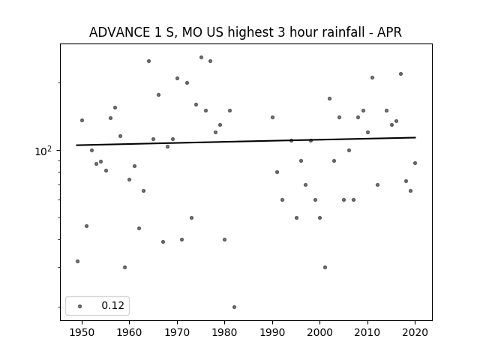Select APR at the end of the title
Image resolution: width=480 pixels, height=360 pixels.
coord(389,32)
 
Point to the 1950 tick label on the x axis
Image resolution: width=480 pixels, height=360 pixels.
coord(82,332)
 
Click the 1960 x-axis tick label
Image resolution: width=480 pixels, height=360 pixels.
coord(129,332)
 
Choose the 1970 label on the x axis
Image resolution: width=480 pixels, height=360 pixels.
coord(177,332)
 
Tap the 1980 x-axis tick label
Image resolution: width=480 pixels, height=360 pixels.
coord(224,332)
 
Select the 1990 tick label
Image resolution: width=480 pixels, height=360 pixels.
coord(272,332)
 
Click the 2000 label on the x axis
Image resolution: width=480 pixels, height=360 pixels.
coord(320,332)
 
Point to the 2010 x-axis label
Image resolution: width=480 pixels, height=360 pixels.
coord(367,332)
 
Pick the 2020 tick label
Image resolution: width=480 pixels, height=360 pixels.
coord(415,332)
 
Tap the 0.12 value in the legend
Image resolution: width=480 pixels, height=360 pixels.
coord(112,305)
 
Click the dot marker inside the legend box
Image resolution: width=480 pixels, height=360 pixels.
coord(80,306)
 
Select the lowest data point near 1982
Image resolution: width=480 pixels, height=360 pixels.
coord(234,307)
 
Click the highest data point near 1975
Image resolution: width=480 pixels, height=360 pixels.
coord(201,57)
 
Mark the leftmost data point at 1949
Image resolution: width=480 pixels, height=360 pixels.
coord(77,261)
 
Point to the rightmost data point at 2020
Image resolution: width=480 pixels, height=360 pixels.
coord(415,163)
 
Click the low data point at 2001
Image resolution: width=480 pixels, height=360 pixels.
coord(325,267)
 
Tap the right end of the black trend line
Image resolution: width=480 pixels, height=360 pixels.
coord(415,137)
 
